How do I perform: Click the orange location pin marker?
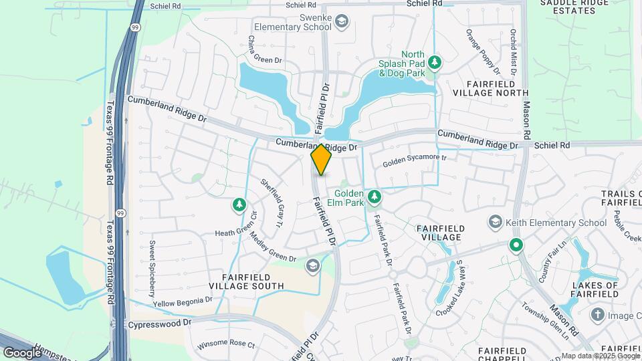pos(321,160)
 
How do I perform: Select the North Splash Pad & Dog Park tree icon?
pos(435,62)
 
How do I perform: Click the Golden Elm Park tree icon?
pos(375,195)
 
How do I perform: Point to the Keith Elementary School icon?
pos(496,221)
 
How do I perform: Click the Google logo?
pos(22,352)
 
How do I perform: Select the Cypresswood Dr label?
pos(159,322)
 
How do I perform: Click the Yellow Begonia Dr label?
pos(183,302)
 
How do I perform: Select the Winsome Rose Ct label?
pos(227,345)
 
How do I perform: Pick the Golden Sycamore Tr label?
pos(414,161)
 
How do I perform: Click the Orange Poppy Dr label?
pos(483,51)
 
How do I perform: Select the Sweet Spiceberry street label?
pos(152,269)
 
